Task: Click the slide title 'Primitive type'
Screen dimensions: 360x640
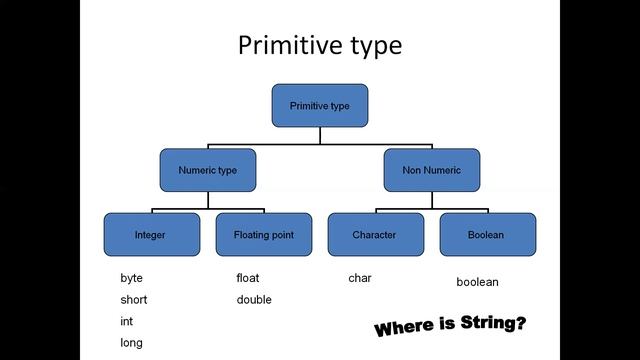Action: [x=320, y=46]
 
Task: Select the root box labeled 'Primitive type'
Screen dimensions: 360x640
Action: [x=320, y=105]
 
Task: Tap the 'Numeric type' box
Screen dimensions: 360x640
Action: [x=207, y=170]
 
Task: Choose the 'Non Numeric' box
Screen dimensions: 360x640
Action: [x=432, y=170]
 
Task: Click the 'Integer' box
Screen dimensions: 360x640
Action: [x=150, y=235]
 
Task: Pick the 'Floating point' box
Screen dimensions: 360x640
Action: [x=263, y=235]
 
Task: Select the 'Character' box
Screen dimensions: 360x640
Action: [x=374, y=235]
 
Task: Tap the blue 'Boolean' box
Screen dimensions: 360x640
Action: [x=486, y=235]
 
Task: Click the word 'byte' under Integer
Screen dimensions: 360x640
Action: [x=132, y=278]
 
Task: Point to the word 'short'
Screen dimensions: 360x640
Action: [x=134, y=300]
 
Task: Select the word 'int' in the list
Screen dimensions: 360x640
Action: [x=126, y=322]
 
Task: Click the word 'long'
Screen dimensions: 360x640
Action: [x=131, y=343]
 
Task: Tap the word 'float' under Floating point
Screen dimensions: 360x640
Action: [x=247, y=278]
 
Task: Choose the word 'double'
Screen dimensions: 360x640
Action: [x=254, y=300]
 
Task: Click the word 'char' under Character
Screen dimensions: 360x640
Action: [x=359, y=278]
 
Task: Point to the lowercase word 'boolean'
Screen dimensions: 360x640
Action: [x=477, y=282]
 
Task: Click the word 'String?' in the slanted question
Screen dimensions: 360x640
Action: [x=494, y=323]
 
